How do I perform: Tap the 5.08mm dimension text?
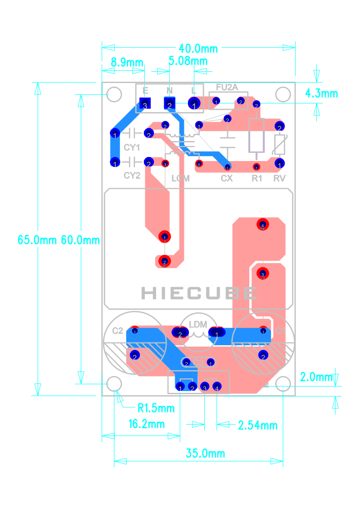(187, 61)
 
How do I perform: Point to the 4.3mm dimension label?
(321, 93)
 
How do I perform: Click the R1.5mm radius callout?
(156, 408)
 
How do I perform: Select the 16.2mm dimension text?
(146, 424)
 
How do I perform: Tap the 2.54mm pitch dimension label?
(257, 425)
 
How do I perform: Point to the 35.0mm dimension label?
(205, 453)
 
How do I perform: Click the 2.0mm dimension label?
(316, 377)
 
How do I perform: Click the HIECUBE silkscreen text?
(198, 293)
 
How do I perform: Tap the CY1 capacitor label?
(132, 147)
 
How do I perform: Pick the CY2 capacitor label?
(132, 175)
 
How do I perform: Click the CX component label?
(227, 178)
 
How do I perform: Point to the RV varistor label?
(280, 178)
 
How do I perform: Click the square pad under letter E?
(145, 104)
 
